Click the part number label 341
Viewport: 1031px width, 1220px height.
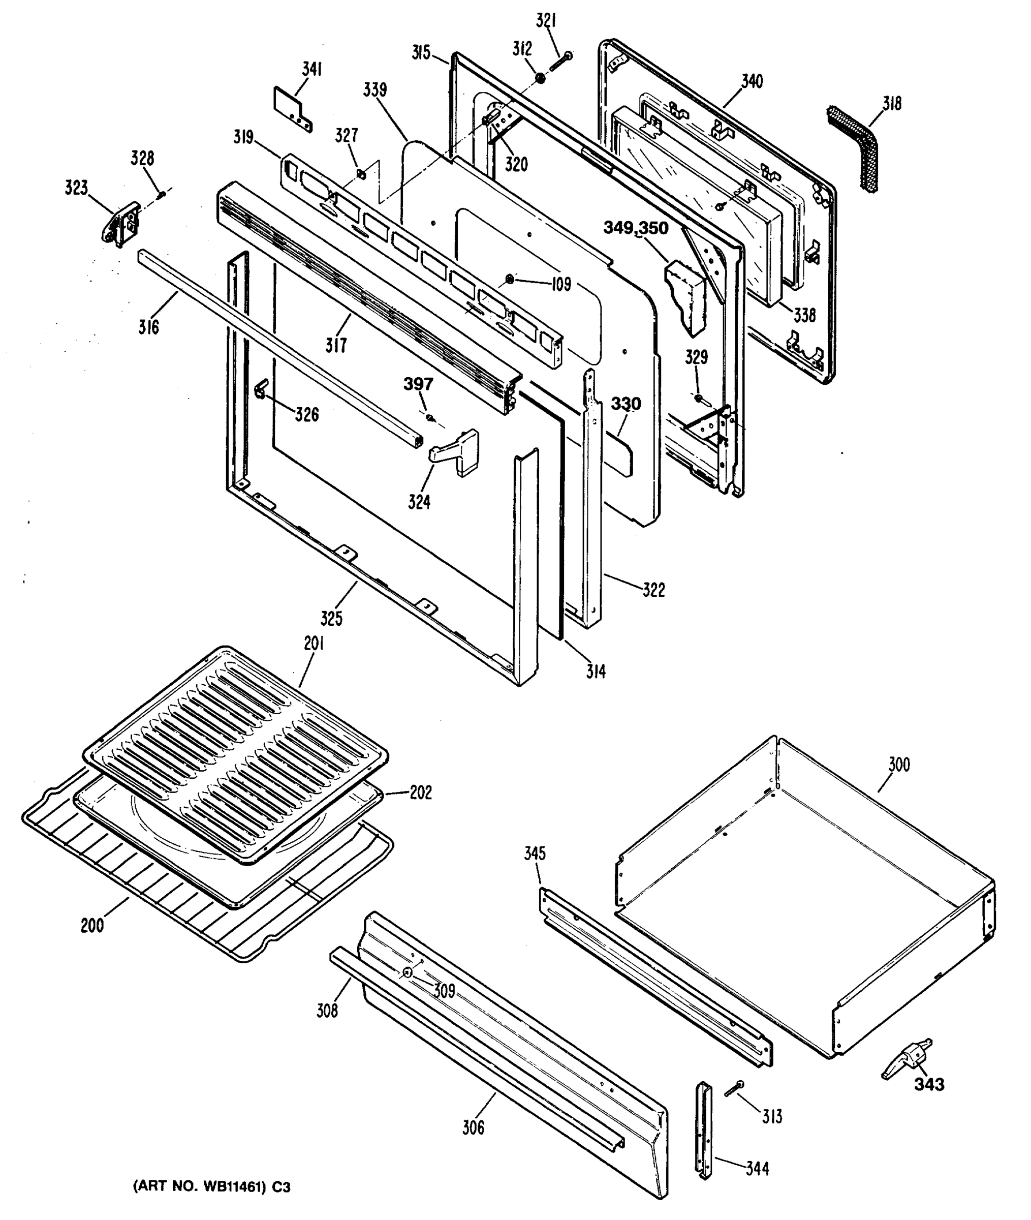pyautogui.click(x=312, y=70)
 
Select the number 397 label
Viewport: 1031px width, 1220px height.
pyautogui.click(x=419, y=384)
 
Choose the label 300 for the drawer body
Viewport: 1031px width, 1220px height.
pyautogui.click(x=899, y=765)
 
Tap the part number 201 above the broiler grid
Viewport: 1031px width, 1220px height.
pyautogui.click(x=314, y=644)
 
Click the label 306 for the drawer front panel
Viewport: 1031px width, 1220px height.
pyautogui.click(x=474, y=1127)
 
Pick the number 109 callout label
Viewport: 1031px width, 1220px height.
pyautogui.click(x=560, y=285)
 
